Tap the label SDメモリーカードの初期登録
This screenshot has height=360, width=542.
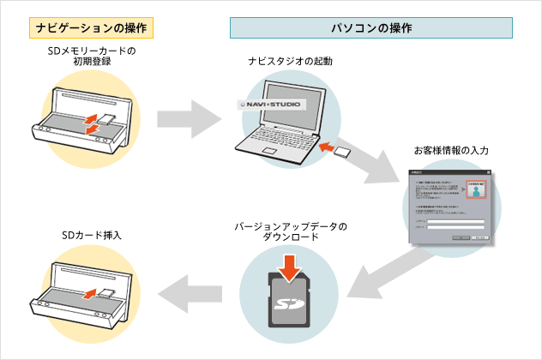tap(93, 57)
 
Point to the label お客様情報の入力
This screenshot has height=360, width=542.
tap(451, 150)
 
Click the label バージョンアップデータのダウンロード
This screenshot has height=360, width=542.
tap(291, 231)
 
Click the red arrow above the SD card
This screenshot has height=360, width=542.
tap(292, 265)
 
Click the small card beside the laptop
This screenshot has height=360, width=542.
tap(341, 153)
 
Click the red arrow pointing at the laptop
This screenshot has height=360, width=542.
tap(325, 148)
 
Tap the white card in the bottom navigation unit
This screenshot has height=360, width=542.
tap(106, 292)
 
